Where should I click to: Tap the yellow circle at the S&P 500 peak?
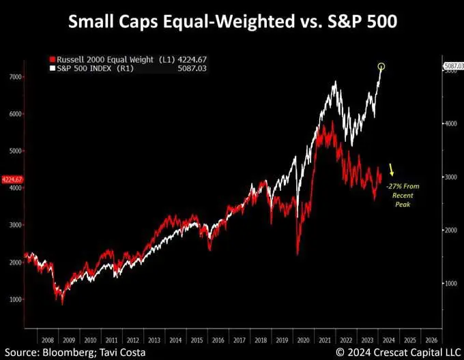click(381, 66)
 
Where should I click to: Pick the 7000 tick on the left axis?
click(14, 77)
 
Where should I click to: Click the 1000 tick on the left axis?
click(14, 299)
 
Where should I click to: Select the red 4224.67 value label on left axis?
click(12, 180)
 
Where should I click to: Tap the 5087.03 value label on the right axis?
click(453, 66)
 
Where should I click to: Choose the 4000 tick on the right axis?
click(450, 123)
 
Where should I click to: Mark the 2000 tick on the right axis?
click(450, 230)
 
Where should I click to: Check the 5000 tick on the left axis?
click(14, 151)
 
